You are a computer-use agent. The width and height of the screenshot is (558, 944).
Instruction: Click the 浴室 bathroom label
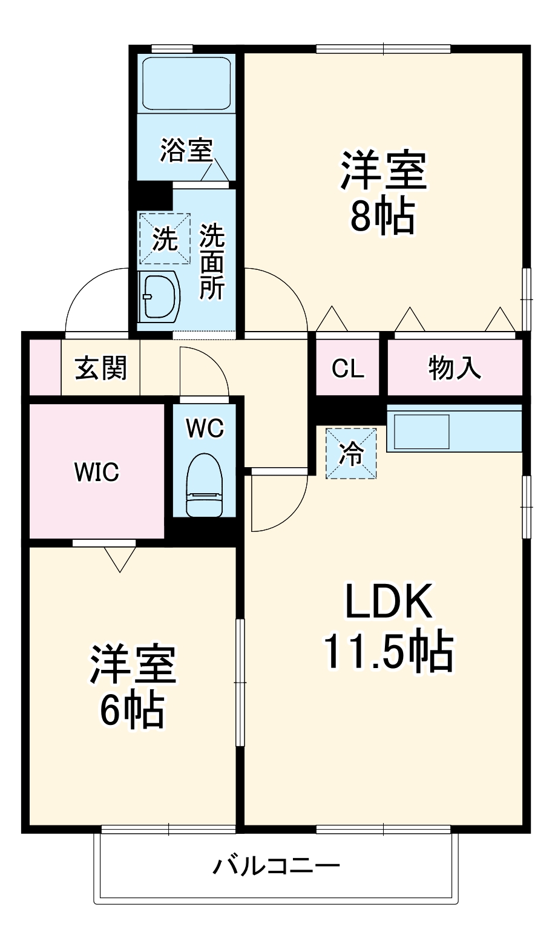click(x=186, y=150)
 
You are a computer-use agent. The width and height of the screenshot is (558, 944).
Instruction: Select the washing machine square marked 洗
click(x=165, y=238)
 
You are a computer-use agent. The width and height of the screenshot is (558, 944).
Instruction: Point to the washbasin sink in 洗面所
click(x=160, y=296)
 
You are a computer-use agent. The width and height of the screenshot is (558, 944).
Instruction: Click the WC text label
click(x=205, y=428)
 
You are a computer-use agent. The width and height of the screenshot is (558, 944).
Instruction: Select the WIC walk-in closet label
click(x=97, y=471)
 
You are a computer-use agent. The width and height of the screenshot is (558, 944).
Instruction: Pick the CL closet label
click(x=348, y=369)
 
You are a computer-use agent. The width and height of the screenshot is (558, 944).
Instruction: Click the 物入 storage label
click(x=455, y=368)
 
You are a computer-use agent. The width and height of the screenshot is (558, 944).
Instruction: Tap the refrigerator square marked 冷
click(x=351, y=453)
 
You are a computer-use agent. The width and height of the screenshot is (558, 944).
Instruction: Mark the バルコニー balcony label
click(x=275, y=867)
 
